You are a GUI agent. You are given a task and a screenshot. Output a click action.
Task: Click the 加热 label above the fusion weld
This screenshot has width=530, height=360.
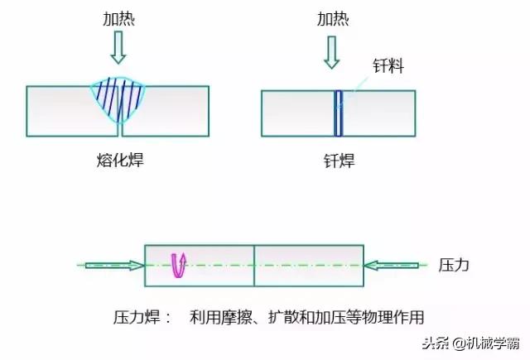click(x=120, y=19)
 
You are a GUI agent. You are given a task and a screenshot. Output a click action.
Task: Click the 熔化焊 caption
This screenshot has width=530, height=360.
click(x=120, y=160)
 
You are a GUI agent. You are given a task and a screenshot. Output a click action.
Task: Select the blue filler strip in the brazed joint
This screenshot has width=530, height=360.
click(x=337, y=112)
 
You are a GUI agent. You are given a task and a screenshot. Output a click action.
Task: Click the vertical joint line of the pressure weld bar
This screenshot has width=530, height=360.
click(x=254, y=265)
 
